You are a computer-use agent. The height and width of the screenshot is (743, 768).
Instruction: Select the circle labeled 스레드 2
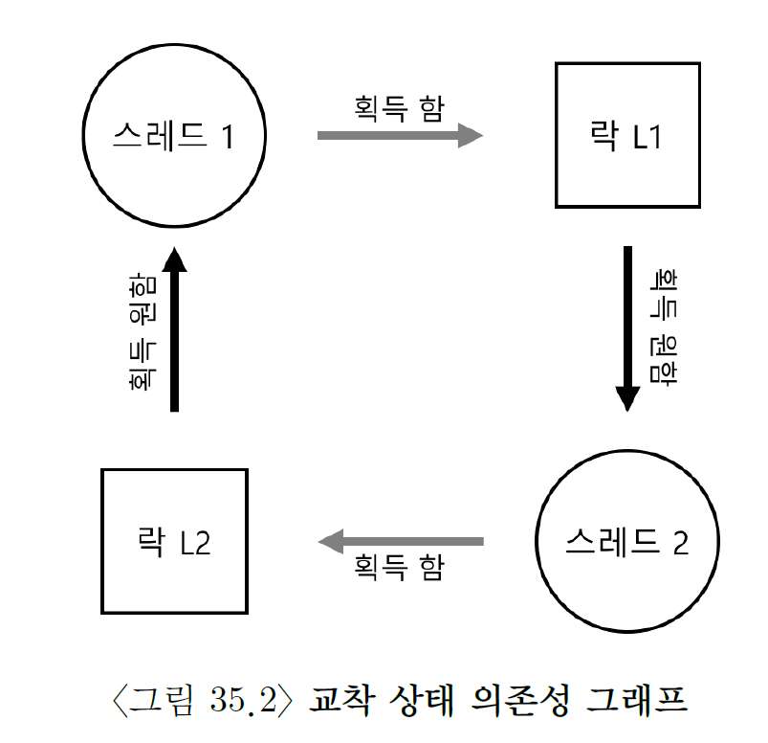tap(626, 542)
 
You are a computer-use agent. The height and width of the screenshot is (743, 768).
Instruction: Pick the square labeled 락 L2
tap(174, 541)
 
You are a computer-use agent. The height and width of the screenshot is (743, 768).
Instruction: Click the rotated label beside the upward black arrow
tap(140, 329)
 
